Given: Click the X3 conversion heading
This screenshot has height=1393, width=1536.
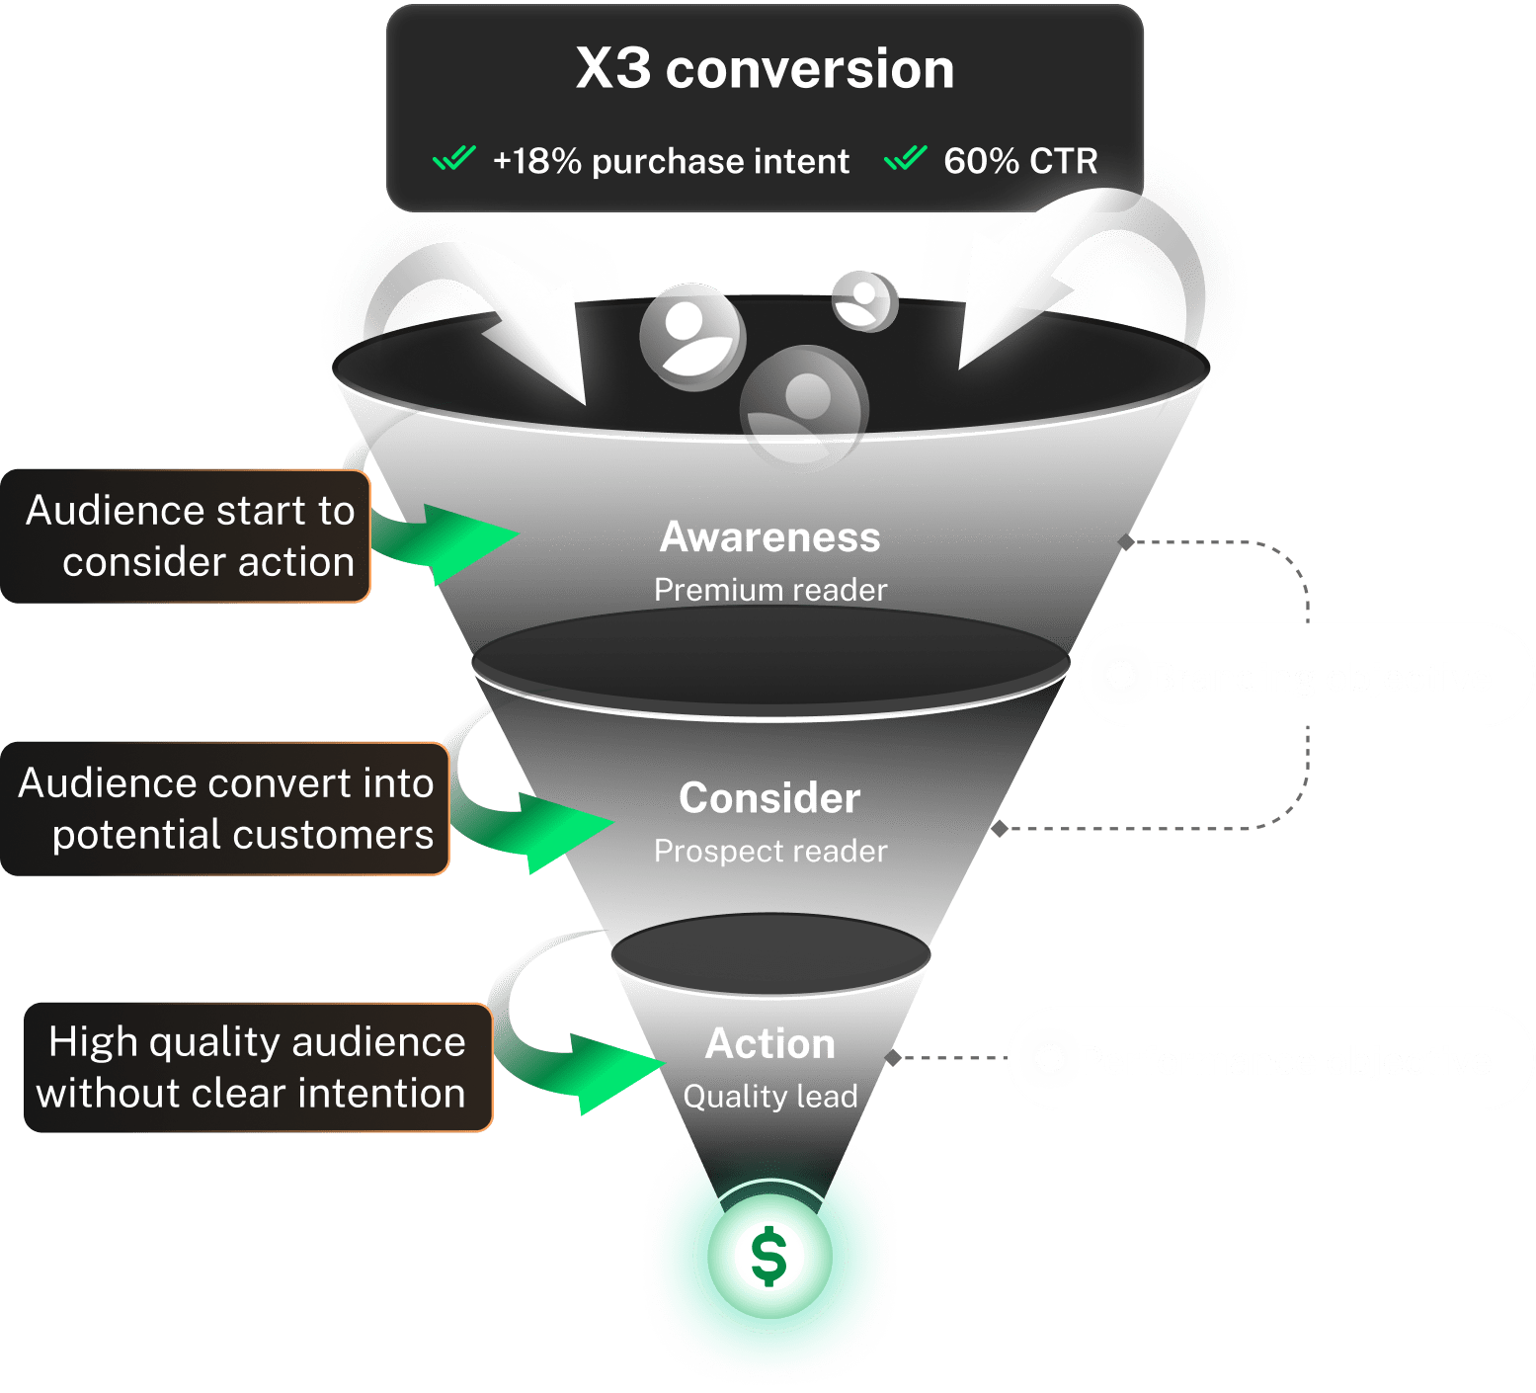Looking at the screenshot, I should point(765,69).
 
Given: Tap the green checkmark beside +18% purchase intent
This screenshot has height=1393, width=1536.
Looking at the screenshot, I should point(454,158).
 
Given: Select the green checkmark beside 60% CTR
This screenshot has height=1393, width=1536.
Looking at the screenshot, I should point(905,158).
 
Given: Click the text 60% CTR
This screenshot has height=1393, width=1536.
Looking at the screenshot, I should point(1020,161).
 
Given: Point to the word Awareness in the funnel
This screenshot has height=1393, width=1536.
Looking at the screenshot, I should point(769,537).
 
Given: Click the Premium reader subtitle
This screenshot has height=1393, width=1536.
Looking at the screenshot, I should point(770,590).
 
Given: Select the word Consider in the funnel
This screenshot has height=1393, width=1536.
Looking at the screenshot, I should point(769,798).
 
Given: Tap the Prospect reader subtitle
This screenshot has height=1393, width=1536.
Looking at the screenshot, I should point(770,851).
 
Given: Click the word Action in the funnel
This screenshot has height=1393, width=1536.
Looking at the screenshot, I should point(770,1044).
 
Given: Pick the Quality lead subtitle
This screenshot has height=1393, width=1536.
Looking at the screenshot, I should point(770,1096).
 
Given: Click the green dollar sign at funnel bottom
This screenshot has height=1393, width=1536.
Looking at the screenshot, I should point(769,1257).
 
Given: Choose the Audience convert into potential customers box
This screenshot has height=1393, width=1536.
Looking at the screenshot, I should point(225,808).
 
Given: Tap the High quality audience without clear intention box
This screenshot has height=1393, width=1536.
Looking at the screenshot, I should point(257,1067).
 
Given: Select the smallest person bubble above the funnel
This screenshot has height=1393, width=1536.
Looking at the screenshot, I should point(864,299).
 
